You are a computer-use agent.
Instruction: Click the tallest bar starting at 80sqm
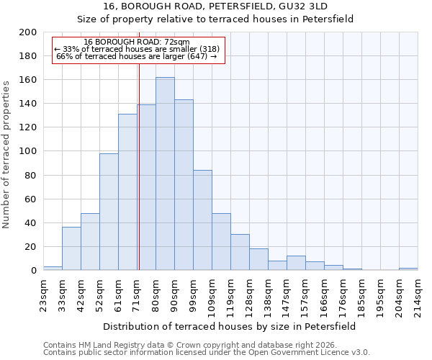[x=165, y=174]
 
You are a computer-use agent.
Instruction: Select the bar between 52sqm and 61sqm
[x=109, y=212]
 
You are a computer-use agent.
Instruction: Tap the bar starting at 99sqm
[x=202, y=220]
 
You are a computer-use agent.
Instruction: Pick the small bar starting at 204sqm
[x=408, y=269]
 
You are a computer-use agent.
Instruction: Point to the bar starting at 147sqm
[x=296, y=263]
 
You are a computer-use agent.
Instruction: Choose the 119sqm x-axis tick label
[x=231, y=294]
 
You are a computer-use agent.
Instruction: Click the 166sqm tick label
[x=325, y=294]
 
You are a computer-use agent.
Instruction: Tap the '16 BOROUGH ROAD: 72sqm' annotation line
[x=137, y=42]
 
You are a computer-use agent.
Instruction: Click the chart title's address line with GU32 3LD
[x=215, y=6]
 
